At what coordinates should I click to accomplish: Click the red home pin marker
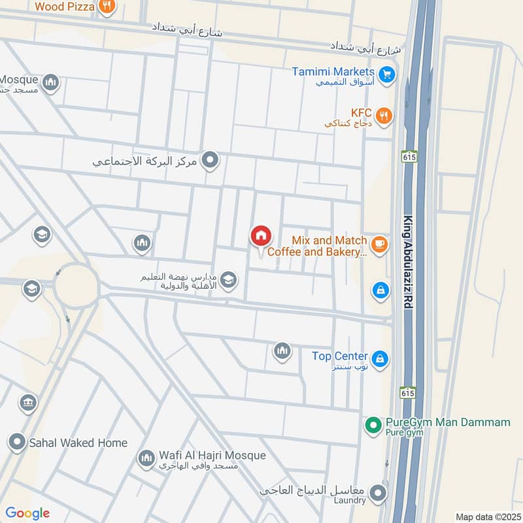click(260, 237)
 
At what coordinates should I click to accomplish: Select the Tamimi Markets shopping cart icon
click(387, 75)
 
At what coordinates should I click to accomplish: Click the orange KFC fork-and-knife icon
click(385, 116)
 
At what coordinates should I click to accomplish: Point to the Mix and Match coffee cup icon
click(379, 245)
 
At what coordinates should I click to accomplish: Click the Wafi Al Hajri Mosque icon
click(146, 458)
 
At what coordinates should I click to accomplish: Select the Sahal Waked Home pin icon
click(17, 443)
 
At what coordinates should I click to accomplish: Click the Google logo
click(27, 513)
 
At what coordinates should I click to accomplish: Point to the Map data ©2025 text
click(486, 516)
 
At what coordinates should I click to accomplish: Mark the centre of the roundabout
click(76, 285)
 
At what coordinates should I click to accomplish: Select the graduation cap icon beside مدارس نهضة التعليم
click(228, 281)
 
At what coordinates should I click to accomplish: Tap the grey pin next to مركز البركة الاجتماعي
click(210, 159)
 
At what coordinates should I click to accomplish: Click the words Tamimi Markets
click(333, 71)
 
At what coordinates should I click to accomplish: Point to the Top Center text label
click(339, 356)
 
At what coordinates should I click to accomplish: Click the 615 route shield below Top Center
click(407, 392)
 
